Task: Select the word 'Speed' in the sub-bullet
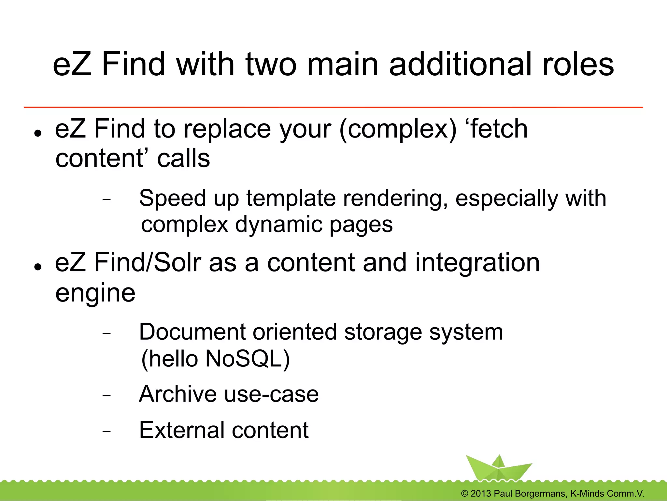point(173,199)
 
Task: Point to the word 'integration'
point(477,263)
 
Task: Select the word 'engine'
point(95,293)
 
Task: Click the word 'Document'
point(192,332)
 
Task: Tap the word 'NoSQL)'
point(248,359)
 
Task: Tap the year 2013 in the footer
point(480,494)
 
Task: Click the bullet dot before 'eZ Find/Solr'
point(38,267)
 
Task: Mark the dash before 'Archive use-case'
point(106,395)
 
